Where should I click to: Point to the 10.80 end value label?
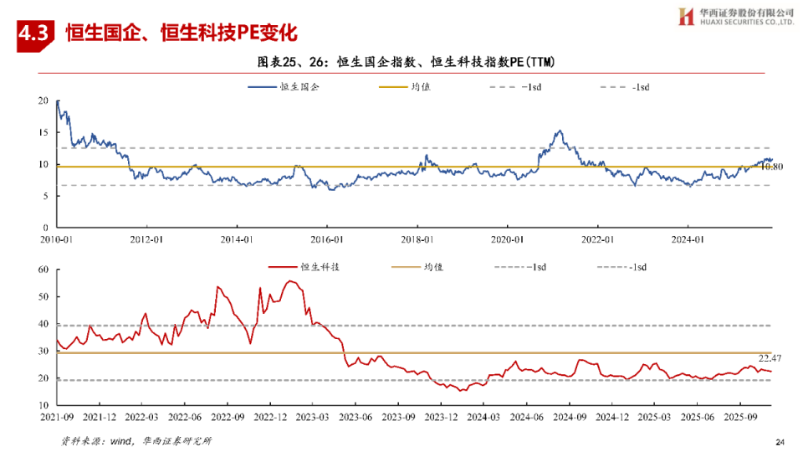770,167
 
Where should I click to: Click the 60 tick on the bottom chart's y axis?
43,270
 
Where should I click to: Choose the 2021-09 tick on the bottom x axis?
57,416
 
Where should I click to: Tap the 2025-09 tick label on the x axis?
739,416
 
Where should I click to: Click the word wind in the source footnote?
122,441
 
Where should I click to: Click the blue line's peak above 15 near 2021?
560,131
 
